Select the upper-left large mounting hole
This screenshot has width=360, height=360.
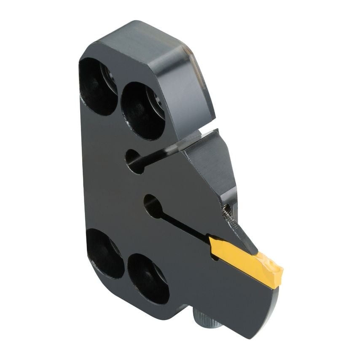pos(97,86)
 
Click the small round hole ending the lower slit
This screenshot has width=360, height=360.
pos(153,206)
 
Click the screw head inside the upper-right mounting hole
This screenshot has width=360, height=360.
pos(156,101)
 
